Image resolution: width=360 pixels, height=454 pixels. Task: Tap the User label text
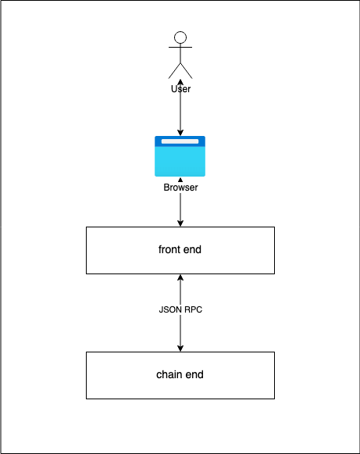tap(180, 89)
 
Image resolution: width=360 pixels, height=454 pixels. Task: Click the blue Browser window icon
tap(180, 156)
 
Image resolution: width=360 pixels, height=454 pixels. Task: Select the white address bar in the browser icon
tap(180, 141)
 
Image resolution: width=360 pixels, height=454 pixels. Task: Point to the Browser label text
tap(180, 188)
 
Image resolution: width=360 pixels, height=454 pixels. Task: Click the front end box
tap(180, 250)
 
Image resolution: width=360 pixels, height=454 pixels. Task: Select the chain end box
tap(180, 375)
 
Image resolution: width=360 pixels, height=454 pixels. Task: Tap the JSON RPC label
tap(180, 309)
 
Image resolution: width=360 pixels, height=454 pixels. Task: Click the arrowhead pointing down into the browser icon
tap(180, 133)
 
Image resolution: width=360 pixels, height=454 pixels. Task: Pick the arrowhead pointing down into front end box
tap(180, 223)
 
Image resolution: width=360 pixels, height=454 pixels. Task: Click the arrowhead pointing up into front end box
tap(180, 277)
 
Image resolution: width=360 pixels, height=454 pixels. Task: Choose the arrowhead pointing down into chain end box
tap(180, 349)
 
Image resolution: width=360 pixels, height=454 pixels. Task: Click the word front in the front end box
tap(168, 249)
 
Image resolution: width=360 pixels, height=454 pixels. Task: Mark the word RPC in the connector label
tap(194, 309)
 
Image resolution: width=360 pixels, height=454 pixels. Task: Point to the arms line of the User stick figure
tap(180, 47)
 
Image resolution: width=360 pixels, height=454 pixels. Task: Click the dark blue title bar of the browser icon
tap(180, 141)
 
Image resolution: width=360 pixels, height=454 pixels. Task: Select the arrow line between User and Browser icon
tap(180, 107)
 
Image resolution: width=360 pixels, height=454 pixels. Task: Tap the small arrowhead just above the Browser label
tap(180, 180)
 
